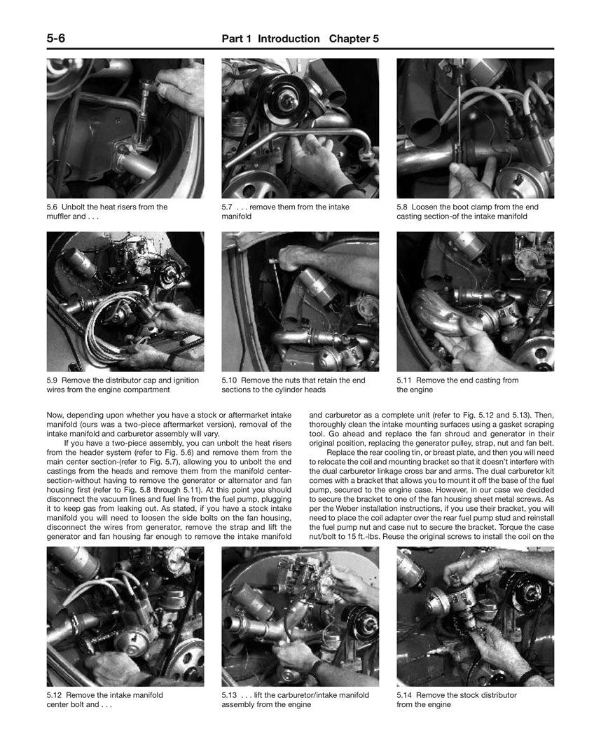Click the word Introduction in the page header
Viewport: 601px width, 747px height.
[x=289, y=39]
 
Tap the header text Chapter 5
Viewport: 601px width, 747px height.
[x=354, y=39]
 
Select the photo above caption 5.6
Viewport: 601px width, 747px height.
[x=125, y=128]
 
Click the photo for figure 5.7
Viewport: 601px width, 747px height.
[x=300, y=128]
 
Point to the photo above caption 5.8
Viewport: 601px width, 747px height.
[x=475, y=128]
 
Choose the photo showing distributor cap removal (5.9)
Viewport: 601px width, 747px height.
[x=125, y=302]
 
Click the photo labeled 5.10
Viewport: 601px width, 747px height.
[x=300, y=302]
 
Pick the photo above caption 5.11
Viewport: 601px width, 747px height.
[x=475, y=302]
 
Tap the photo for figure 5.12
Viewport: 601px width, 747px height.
[x=125, y=617]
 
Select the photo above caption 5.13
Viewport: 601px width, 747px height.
[x=300, y=617]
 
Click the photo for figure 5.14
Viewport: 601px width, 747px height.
[x=475, y=617]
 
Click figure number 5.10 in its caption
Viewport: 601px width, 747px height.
[x=230, y=381]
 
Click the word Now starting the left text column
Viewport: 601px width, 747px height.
[x=55, y=415]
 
